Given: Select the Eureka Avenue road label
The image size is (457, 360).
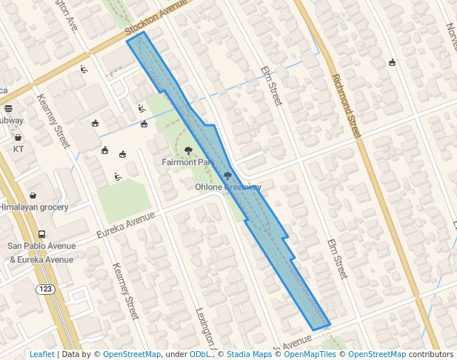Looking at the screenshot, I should click(125, 224).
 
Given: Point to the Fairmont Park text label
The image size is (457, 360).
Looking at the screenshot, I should click(188, 161).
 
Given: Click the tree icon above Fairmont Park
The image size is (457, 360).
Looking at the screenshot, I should click(189, 150).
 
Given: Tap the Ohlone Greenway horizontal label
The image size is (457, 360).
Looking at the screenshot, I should click(228, 187).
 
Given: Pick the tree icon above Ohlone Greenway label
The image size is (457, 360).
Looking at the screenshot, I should click(227, 176).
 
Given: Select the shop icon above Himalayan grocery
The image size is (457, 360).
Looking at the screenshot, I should click(33, 196).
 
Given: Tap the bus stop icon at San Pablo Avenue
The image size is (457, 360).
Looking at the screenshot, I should click(41, 234).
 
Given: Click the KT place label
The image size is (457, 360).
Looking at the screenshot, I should click(19, 149).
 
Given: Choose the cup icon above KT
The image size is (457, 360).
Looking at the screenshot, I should click(18, 137).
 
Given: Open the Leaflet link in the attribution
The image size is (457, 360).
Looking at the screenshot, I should click(41, 355).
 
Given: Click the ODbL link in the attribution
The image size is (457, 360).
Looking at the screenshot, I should click(200, 355).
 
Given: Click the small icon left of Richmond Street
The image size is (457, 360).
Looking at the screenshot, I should click(392, 62).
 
